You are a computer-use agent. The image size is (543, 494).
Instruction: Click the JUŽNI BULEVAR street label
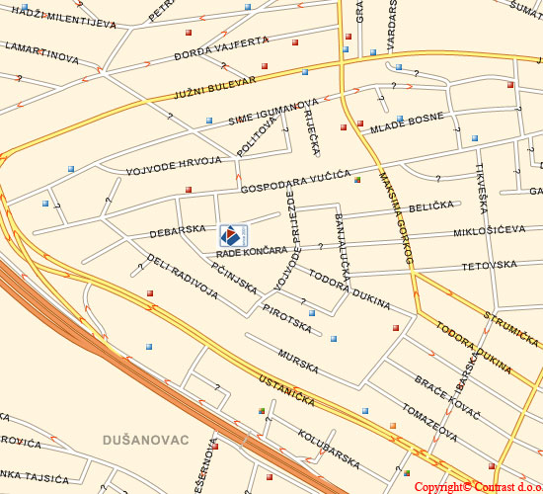point(214,86)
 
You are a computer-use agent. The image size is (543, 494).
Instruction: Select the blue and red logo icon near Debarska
point(232,235)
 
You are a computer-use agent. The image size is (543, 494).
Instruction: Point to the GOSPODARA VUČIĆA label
point(296,181)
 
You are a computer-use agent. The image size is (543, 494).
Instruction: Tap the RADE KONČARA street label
point(252,253)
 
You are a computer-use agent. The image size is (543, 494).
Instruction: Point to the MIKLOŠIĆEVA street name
point(489,230)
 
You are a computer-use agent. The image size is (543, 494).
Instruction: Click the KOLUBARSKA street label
point(329,446)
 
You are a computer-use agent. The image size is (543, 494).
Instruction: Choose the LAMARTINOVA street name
point(40,51)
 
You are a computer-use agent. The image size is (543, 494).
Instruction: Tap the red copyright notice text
point(477,486)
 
